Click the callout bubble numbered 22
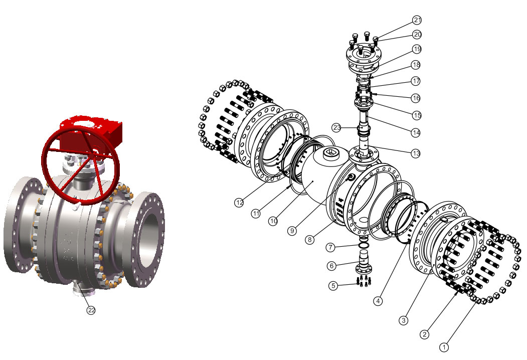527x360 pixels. (91, 310)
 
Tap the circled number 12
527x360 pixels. (239, 203)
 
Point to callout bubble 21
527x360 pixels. (417, 20)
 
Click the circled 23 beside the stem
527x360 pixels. (337, 127)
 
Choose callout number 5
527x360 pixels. (333, 286)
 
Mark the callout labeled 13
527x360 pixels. (416, 153)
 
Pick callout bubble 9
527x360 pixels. (292, 231)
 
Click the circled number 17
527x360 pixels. (416, 81)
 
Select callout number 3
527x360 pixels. (403, 320)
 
